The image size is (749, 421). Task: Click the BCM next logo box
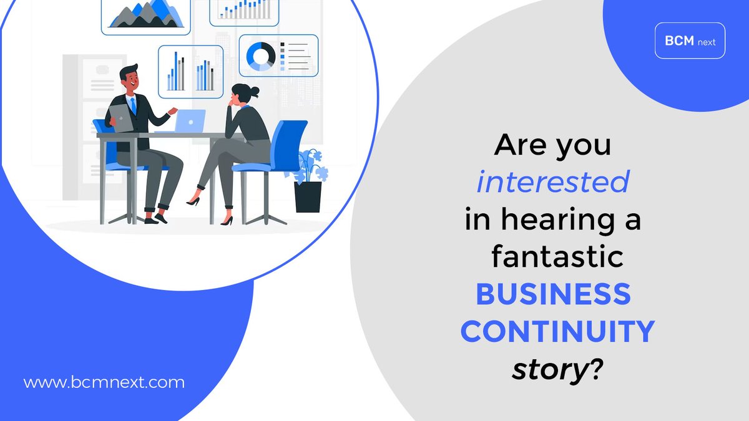click(690, 41)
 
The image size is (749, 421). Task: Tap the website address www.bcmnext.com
click(104, 382)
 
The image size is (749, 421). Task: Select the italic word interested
click(552, 183)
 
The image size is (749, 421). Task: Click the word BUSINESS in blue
click(553, 294)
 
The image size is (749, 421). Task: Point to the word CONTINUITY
click(557, 332)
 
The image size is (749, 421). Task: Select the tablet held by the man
click(121, 117)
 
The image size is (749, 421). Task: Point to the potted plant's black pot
click(308, 196)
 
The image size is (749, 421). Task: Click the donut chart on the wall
click(261, 56)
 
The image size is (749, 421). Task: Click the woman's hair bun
click(255, 91)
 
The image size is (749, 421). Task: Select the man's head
click(130, 78)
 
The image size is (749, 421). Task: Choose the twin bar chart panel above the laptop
click(190, 72)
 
